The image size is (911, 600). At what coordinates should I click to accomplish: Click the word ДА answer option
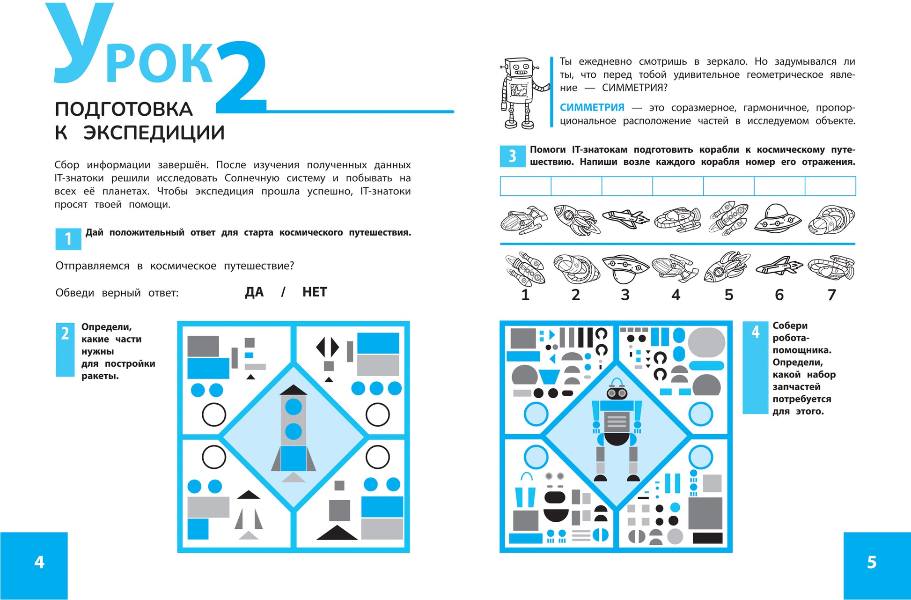[254, 292]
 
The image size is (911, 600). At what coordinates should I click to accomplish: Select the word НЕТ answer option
[315, 292]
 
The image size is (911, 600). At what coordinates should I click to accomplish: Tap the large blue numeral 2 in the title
[241, 77]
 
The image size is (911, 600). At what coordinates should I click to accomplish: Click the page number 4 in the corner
[39, 562]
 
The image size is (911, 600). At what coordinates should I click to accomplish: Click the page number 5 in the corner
[872, 562]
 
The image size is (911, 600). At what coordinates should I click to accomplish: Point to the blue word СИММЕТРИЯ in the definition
[592, 108]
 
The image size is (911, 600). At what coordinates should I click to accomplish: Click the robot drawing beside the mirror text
[523, 93]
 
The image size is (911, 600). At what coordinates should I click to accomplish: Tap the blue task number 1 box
[68, 239]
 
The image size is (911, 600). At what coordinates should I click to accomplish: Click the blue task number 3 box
[513, 156]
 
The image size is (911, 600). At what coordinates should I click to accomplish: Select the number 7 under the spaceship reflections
[831, 295]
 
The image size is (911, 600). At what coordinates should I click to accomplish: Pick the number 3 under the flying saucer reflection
[625, 295]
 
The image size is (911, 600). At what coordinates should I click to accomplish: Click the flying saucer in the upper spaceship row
[777, 218]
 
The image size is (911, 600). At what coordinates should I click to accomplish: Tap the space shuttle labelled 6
[779, 266]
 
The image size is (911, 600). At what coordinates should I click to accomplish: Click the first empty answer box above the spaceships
[526, 186]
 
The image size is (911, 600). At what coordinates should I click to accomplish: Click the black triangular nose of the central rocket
[293, 390]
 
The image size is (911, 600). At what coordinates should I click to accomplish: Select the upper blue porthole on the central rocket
[294, 407]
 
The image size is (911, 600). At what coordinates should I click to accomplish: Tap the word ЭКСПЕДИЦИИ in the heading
[154, 133]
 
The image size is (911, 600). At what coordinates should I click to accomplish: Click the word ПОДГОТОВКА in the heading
[124, 109]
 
